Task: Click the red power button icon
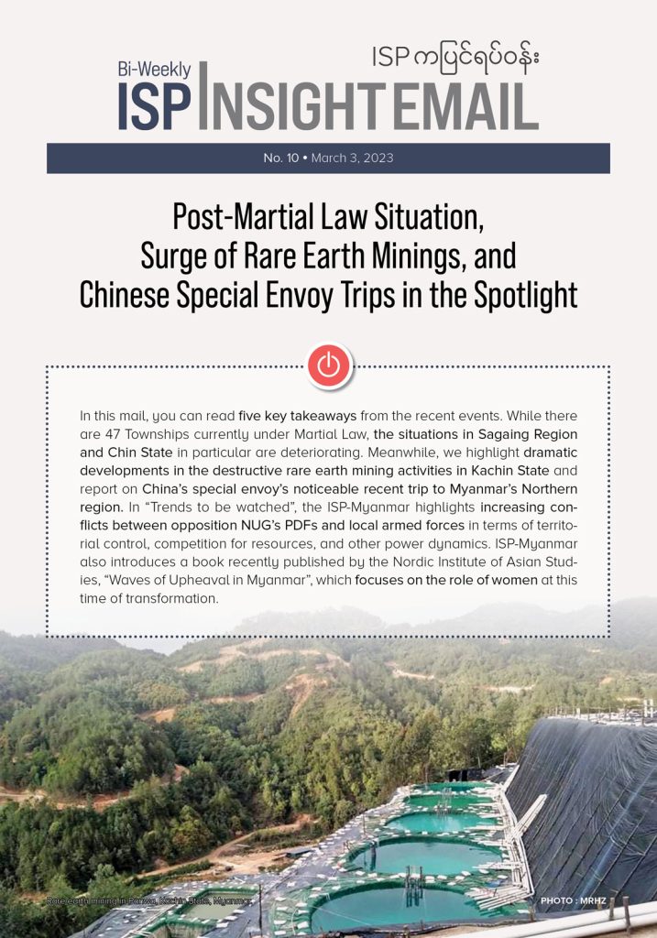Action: pos(328,365)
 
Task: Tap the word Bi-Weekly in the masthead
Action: pos(154,70)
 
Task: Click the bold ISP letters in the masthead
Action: pos(154,107)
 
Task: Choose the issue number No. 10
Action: pos(283,158)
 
